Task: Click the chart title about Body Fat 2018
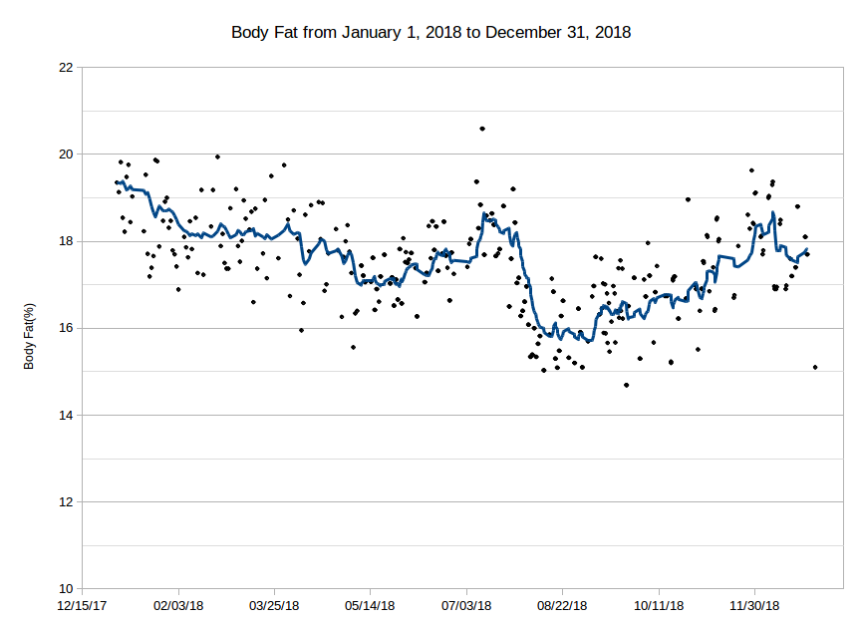click(x=430, y=32)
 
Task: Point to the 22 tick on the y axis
click(x=66, y=68)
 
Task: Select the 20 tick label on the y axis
click(x=66, y=155)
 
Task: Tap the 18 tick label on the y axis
click(x=66, y=241)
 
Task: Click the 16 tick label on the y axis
click(x=66, y=328)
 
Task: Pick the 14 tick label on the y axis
click(x=66, y=415)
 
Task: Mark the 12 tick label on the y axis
click(x=66, y=501)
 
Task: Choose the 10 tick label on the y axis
click(x=66, y=588)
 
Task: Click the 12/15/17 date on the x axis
click(x=84, y=605)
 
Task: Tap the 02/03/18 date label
click(x=179, y=605)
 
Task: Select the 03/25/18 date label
click(x=275, y=605)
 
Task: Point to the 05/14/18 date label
click(x=371, y=605)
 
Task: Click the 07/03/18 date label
click(x=466, y=605)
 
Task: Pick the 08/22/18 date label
click(x=562, y=605)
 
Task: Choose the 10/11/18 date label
click(x=659, y=605)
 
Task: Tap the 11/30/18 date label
click(x=754, y=605)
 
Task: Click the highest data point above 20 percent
click(x=482, y=129)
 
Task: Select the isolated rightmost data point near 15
click(x=815, y=367)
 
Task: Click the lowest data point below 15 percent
click(x=626, y=385)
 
